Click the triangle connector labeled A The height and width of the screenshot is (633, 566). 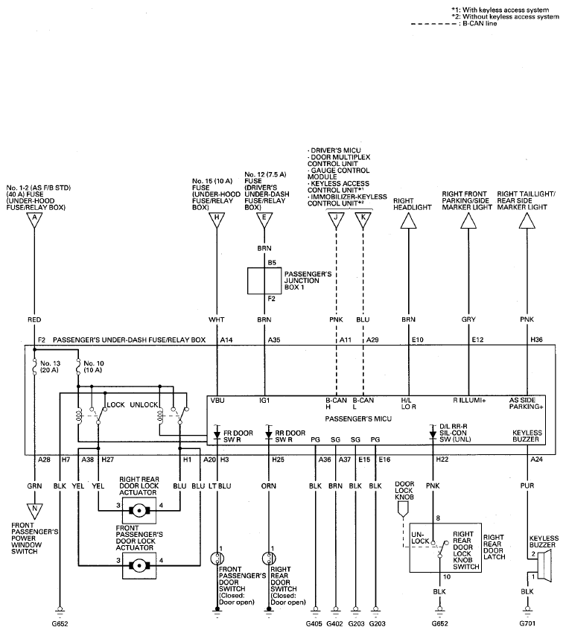[34, 220]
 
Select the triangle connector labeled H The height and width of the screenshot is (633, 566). [217, 220]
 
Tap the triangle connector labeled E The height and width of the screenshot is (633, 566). [264, 220]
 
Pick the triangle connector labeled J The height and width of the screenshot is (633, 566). [336, 220]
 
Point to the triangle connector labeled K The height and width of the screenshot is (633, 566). [363, 220]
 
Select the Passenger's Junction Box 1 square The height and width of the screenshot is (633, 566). [264, 281]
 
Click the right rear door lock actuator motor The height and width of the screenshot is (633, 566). [139, 511]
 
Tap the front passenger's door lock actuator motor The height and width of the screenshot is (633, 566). [139, 565]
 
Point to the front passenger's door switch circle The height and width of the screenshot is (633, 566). [217, 559]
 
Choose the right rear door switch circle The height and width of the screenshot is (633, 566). [268, 559]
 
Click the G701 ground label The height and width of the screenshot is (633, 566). [527, 624]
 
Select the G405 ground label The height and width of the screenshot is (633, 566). [314, 624]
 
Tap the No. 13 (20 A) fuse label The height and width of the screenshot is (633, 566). [50, 366]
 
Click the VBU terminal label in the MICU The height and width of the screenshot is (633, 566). [217, 401]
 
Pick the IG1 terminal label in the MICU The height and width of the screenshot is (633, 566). [264, 401]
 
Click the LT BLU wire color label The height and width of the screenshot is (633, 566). [220, 486]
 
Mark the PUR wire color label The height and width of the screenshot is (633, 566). [527, 486]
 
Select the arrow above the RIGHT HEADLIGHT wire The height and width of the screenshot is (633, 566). [409, 220]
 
